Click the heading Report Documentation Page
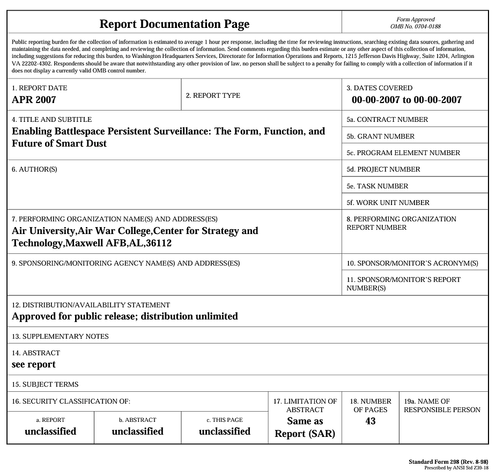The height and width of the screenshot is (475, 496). [x=174, y=24]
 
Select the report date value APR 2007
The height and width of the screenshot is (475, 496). [x=34, y=99]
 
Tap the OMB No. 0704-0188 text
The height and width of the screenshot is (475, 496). [x=416, y=26]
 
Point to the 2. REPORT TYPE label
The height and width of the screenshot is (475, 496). [x=213, y=96]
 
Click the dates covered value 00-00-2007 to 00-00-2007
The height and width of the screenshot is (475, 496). [x=406, y=100]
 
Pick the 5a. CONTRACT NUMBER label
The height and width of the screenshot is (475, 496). [x=387, y=120]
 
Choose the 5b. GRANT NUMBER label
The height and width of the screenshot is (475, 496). [x=380, y=136]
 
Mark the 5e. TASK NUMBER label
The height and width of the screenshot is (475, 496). [x=377, y=186]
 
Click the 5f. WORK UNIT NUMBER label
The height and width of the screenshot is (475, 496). [x=388, y=203]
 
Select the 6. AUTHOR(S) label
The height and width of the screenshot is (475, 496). [x=34, y=170]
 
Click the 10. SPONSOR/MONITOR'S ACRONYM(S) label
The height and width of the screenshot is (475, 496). [x=412, y=264]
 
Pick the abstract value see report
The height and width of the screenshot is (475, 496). [x=34, y=364]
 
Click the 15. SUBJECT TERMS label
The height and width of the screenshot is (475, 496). [x=45, y=384]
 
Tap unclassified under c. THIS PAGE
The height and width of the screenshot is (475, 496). [x=225, y=432]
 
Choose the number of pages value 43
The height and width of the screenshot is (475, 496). [x=371, y=421]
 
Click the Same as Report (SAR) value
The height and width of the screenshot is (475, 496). [x=305, y=428]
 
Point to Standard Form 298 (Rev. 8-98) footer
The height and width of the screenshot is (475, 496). [x=448, y=462]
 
